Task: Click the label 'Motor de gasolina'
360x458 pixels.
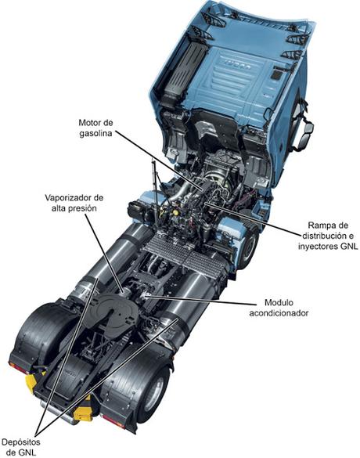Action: point(95,128)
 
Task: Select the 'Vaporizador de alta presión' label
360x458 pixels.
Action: point(74,203)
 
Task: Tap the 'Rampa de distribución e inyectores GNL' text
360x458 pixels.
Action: point(328,236)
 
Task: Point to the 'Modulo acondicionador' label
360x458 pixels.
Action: point(279,308)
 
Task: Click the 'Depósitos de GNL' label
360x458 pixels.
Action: point(20,447)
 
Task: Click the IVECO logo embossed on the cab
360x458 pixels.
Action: point(238,64)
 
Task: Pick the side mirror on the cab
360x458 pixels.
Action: point(304,135)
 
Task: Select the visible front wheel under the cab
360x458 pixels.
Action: point(249,249)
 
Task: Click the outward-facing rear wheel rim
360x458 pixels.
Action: point(155,391)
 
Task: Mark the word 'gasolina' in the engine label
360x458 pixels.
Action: point(95,134)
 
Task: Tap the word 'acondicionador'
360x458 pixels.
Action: point(279,313)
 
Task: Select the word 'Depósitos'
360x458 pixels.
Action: point(20,442)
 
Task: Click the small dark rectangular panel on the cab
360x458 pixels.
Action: point(275,74)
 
